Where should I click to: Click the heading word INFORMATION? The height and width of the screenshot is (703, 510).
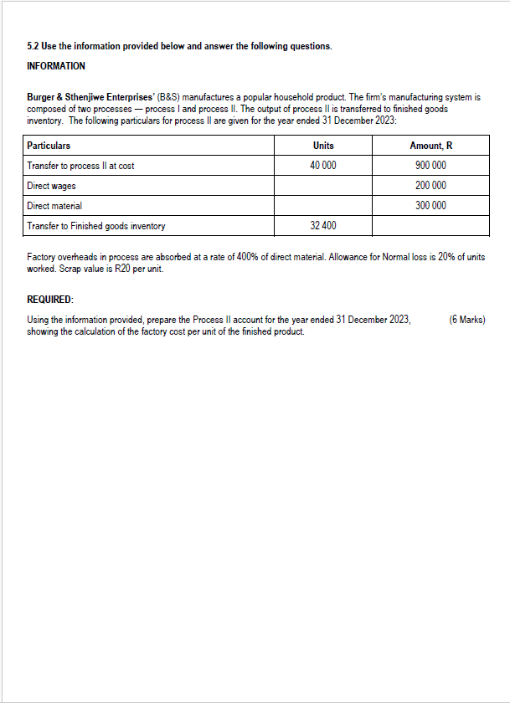coord(56,66)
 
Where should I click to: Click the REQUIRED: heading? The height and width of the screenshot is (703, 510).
coord(50,299)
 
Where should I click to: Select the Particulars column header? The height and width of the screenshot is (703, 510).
coord(49,146)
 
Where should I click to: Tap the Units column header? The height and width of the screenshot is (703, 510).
coord(322,146)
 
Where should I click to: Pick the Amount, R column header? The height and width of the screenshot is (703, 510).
coord(430,146)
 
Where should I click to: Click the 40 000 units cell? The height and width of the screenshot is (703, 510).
coord(322,166)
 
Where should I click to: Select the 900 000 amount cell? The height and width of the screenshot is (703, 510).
coord(430,166)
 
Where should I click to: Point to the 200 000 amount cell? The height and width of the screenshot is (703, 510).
coord(430,186)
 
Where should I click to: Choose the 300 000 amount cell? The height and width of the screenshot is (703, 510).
coord(430,206)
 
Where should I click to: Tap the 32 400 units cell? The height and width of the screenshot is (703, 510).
coord(322,226)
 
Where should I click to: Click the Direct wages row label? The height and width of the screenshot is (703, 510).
coord(51,186)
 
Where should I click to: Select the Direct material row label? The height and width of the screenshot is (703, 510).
coord(54,206)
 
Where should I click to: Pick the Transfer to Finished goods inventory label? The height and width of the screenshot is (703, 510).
coord(95,226)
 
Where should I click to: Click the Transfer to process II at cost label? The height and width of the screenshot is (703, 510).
coord(80,166)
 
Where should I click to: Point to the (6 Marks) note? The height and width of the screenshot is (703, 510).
coord(466,320)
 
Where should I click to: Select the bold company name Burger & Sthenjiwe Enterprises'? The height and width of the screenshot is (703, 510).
coord(90,98)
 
